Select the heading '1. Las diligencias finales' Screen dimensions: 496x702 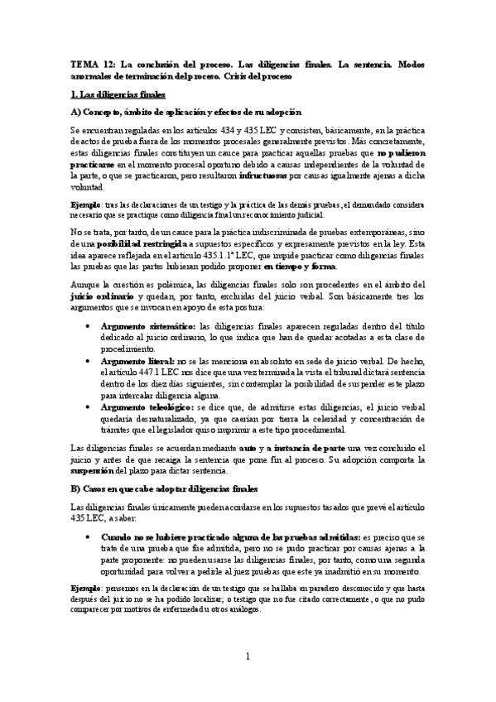coord(118,94)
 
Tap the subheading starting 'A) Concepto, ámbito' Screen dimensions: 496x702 coord(186,111)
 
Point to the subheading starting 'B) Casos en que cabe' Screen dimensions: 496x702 coord(166,489)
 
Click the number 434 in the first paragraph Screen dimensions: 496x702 coord(253,129)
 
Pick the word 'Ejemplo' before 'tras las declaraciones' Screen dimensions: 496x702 coord(84,203)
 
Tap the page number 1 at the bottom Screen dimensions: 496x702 coord(248,656)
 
